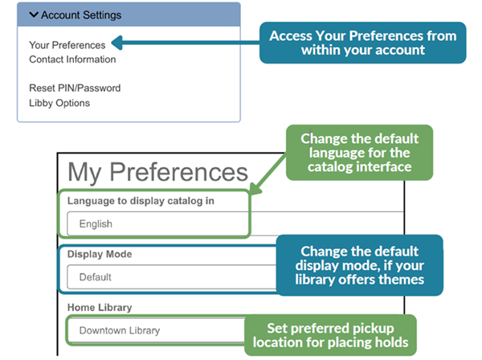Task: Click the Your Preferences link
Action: (67, 45)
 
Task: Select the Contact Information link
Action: (72, 59)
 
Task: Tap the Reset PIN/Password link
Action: (75, 88)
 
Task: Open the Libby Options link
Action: (59, 102)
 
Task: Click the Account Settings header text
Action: (81, 15)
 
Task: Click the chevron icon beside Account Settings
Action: (33, 15)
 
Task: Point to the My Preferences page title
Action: (157, 172)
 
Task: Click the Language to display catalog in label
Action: (141, 200)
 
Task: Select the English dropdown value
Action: (96, 223)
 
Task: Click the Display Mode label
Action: (100, 253)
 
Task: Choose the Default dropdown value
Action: (95, 277)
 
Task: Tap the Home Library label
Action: (100, 306)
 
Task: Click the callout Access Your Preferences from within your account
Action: (362, 43)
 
